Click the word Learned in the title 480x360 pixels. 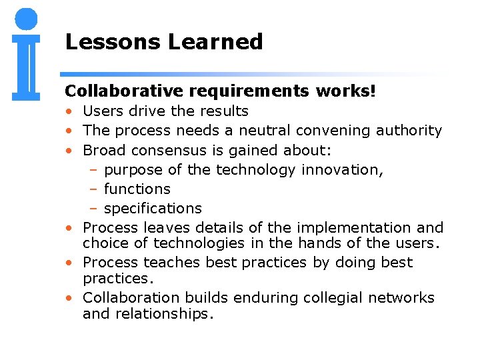[215, 42]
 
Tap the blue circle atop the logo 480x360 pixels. [26, 19]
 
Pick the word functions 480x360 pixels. [137, 189]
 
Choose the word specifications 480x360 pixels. [153, 209]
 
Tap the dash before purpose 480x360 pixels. [94, 170]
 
